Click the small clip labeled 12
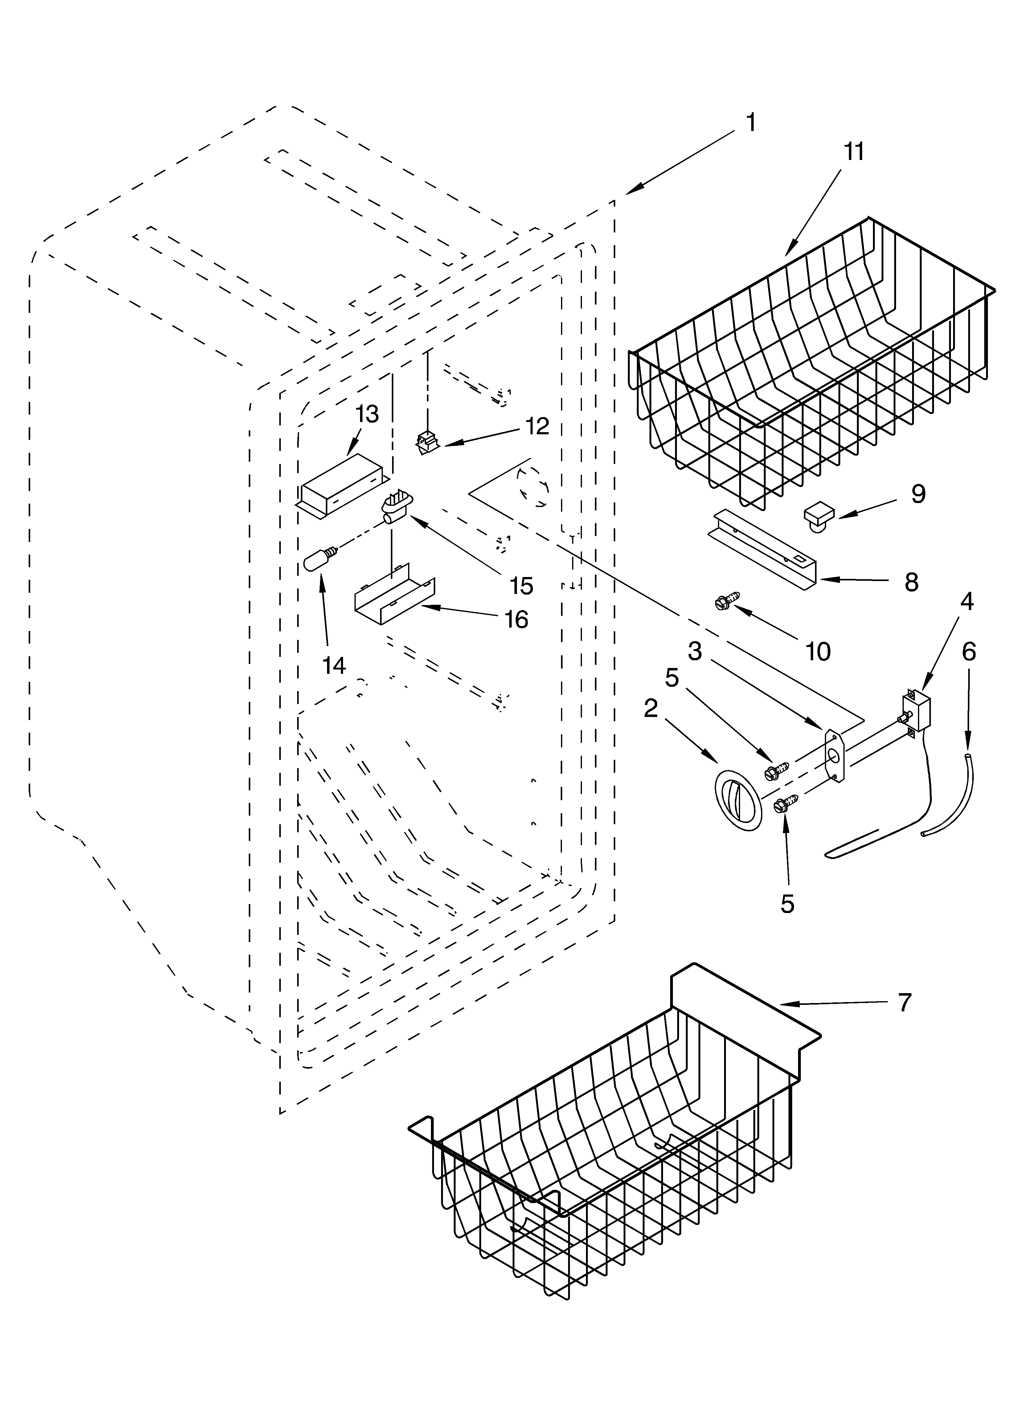(x=428, y=442)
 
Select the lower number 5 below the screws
(x=787, y=903)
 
